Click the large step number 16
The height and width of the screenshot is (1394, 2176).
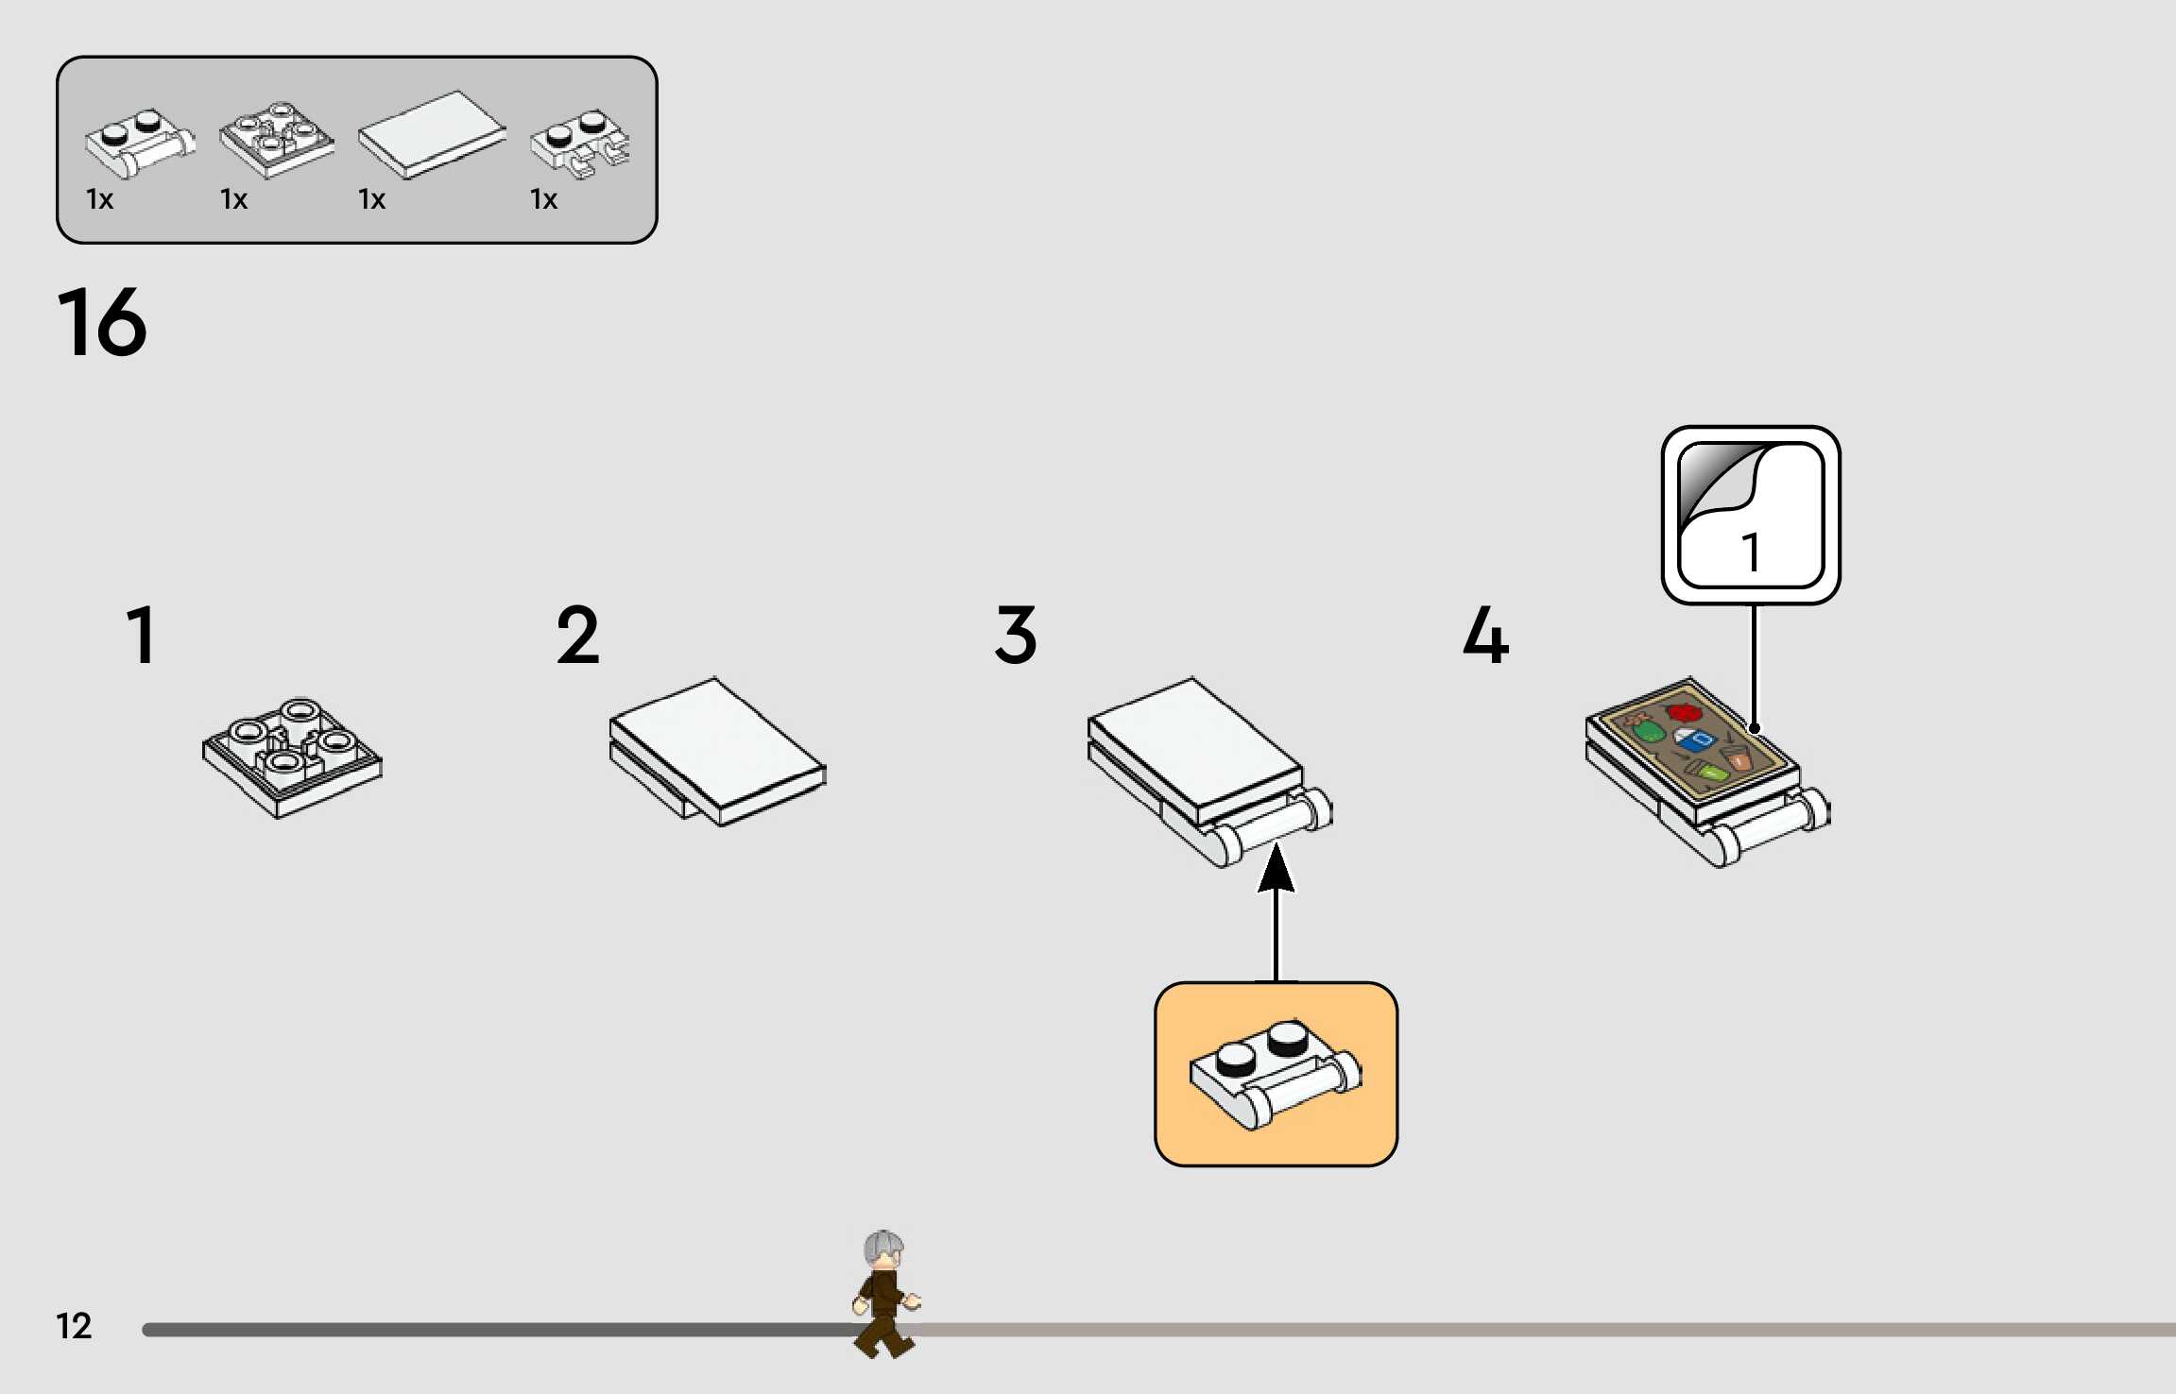(102, 323)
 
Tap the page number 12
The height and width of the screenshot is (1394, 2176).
(74, 1326)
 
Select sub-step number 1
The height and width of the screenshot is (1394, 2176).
(142, 636)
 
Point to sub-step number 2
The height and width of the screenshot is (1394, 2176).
(577, 636)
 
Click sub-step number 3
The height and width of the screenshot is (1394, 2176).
(1016, 636)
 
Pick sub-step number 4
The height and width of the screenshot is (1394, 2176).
(1485, 636)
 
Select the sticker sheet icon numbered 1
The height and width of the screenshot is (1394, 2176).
(1751, 515)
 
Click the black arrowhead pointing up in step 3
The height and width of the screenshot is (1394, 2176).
(1276, 869)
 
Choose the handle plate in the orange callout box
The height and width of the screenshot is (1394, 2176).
(1276, 1074)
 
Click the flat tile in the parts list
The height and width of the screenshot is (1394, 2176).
(432, 133)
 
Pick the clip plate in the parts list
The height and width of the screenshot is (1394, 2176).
(580, 144)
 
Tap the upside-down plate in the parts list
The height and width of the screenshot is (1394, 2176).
(276, 140)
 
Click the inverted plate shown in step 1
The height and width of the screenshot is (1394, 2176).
(292, 757)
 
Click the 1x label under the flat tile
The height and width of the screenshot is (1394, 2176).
(371, 199)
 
